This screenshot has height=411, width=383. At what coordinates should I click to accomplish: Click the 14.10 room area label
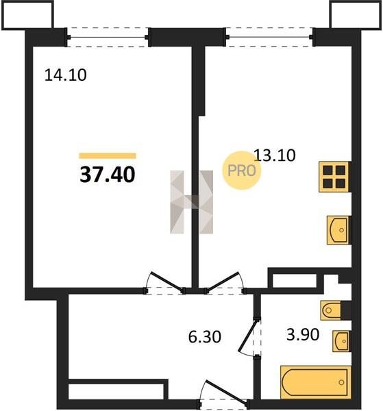[x=65, y=75]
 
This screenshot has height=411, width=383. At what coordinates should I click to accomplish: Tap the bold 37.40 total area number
[x=108, y=175]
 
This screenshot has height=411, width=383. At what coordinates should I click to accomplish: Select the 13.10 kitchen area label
[x=275, y=155]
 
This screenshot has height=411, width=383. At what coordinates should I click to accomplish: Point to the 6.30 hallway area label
[x=204, y=337]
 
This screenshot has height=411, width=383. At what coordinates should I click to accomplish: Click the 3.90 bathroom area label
[x=303, y=334]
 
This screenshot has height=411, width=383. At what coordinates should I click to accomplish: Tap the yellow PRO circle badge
[x=242, y=171]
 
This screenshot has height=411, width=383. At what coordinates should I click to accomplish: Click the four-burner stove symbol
[x=334, y=177]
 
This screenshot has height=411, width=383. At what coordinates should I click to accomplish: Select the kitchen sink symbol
[x=338, y=230]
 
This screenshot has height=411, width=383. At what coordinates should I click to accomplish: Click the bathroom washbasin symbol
[x=341, y=341]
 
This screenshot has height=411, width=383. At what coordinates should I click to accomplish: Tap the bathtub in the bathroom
[x=315, y=382]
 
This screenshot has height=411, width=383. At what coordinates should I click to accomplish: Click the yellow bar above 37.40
[x=108, y=155]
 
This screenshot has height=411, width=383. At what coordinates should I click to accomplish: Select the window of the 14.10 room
[x=108, y=37]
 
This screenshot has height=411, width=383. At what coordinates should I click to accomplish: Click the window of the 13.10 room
[x=270, y=37]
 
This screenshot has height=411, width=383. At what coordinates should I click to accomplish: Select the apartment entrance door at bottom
[x=223, y=393]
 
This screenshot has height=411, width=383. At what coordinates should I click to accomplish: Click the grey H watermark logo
[x=192, y=202]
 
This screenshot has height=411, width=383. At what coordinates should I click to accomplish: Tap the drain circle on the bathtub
[x=341, y=382]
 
